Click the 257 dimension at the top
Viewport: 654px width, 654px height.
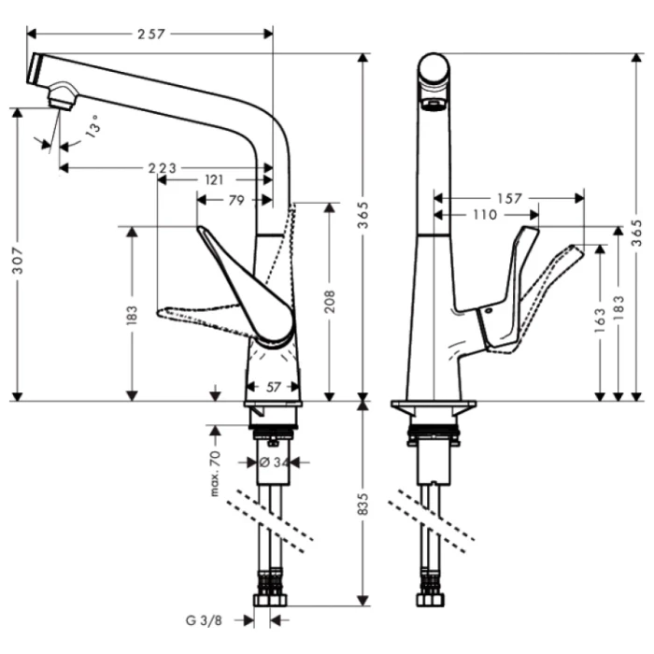pos(150,34)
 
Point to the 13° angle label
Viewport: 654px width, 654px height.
pos(92,131)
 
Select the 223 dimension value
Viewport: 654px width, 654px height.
pos(163,168)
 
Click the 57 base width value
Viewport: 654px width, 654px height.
pos(274,386)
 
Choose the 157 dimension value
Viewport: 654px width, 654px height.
pos(508,198)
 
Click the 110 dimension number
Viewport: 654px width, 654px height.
pos(483,215)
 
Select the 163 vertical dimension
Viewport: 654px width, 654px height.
pos(599,317)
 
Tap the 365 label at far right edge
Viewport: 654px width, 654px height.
pos(637,228)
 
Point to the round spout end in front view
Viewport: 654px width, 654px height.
pos(433,70)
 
